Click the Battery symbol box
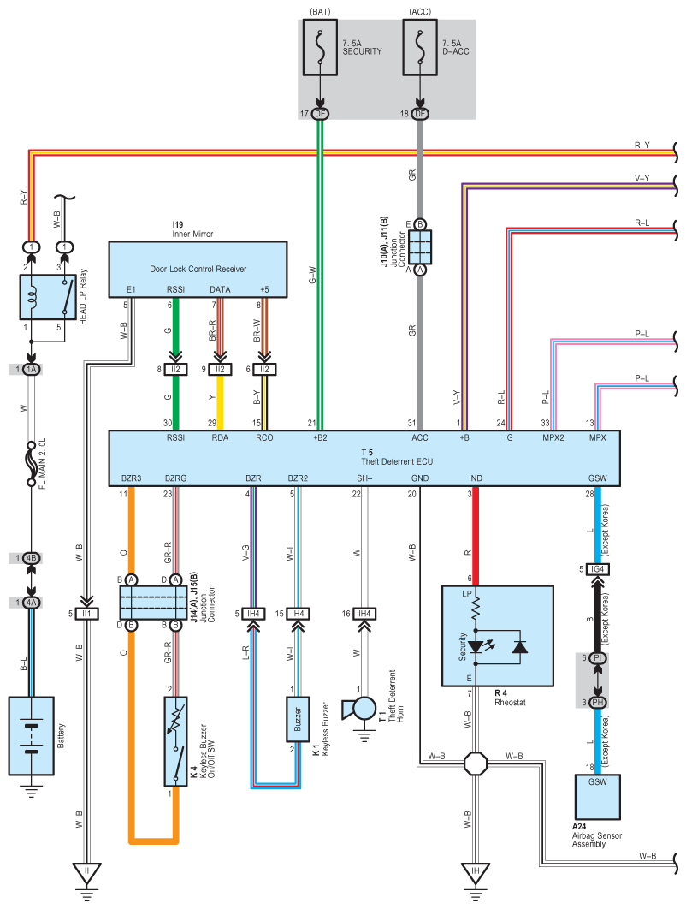32,735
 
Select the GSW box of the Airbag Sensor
595,797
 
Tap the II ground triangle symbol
86,875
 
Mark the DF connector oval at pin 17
321,114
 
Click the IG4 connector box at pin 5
596,569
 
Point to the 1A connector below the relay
32,369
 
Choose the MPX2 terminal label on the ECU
552,438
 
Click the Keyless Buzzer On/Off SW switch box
175,741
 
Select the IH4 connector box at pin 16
364,614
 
